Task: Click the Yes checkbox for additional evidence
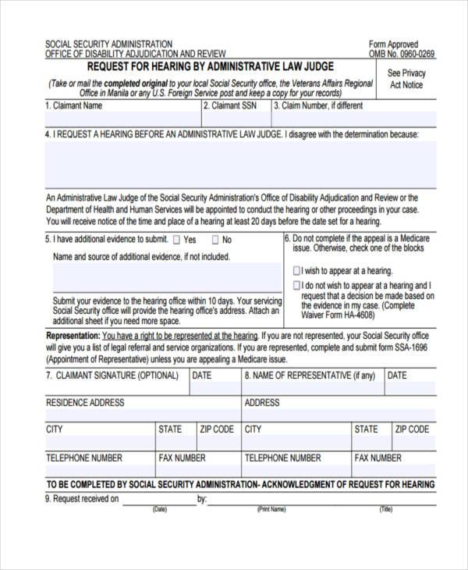click(x=177, y=240)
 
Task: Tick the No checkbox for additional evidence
click(x=214, y=240)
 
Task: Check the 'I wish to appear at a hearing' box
click(x=296, y=270)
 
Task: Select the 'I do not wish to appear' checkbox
click(x=296, y=286)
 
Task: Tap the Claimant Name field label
click(x=73, y=105)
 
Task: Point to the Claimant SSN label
click(x=230, y=105)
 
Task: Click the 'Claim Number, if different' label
click(x=318, y=105)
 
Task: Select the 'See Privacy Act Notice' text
click(x=406, y=79)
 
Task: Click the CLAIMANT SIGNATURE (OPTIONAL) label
click(x=112, y=376)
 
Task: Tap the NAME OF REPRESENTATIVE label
click(x=309, y=376)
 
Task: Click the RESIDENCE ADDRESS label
click(x=85, y=403)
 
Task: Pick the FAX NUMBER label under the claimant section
click(x=182, y=458)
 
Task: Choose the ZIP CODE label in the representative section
click(x=411, y=429)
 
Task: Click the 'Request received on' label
click(x=82, y=499)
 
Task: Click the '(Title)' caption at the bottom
click(x=385, y=510)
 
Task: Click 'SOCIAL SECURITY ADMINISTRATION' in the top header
click(x=109, y=44)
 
